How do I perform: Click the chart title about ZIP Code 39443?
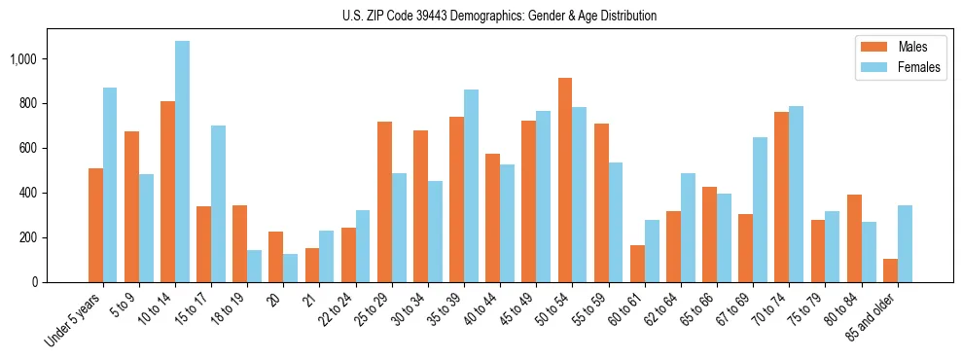coord(500,16)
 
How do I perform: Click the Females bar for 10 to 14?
coord(182,162)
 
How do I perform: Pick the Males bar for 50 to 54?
coord(565,180)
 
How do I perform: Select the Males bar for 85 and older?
coord(890,270)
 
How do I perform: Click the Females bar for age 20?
coord(291,269)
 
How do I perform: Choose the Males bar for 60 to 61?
coord(637,264)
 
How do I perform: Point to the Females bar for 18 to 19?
coord(254,266)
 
